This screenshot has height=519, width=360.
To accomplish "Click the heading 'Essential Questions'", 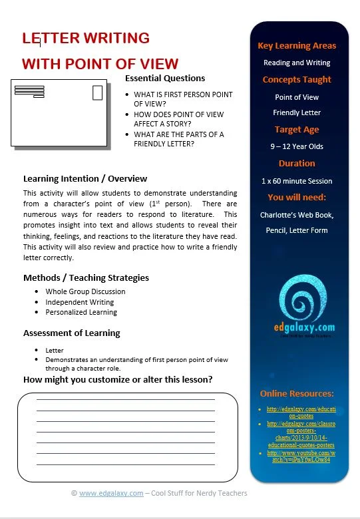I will coord(165,79).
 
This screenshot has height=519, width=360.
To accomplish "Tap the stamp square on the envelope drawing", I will coord(98,92).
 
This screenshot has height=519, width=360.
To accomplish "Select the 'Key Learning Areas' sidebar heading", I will coord(297,46).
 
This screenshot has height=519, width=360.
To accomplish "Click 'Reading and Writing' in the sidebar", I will coord(297,63).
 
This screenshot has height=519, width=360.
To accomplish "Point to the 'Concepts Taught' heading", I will coord(297,80).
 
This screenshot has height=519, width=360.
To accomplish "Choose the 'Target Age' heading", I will coord(297,130).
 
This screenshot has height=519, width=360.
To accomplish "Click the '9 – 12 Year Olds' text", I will coord(297,146).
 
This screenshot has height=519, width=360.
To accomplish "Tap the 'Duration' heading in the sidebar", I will coord(297,163).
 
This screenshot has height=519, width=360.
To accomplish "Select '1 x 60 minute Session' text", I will coord(297,180).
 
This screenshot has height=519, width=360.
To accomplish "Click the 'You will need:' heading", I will coord(297,198).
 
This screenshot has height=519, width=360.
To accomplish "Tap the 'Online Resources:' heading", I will coord(297,393).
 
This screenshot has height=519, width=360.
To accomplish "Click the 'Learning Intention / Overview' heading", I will coord(85,178).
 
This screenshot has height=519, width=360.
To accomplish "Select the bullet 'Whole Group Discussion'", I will coord(85,291).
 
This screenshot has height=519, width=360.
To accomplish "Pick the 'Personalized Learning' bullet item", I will coord(81,312).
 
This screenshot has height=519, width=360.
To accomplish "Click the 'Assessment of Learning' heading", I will coord(72,333).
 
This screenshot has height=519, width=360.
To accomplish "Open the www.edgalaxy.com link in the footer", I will coord(111,494).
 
